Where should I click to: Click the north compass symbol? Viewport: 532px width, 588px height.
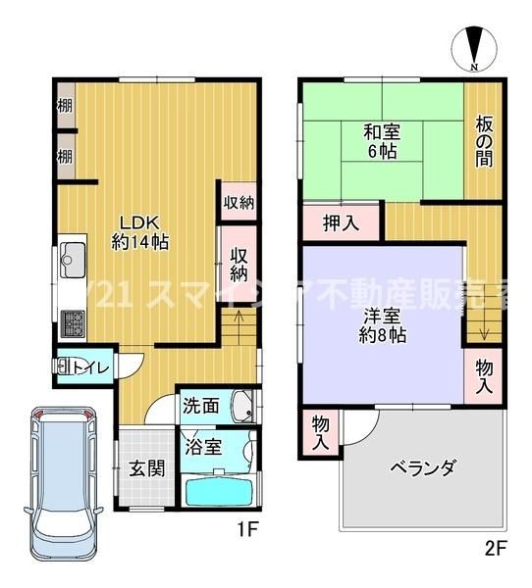[x=473, y=49]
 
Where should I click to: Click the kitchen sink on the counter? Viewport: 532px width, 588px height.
[x=71, y=261]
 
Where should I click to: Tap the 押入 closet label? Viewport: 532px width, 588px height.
[x=341, y=222]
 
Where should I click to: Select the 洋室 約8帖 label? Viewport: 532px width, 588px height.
[x=383, y=323]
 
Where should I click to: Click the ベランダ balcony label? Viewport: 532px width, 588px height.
[x=422, y=467]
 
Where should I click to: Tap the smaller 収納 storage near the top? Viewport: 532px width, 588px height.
[x=239, y=203]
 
